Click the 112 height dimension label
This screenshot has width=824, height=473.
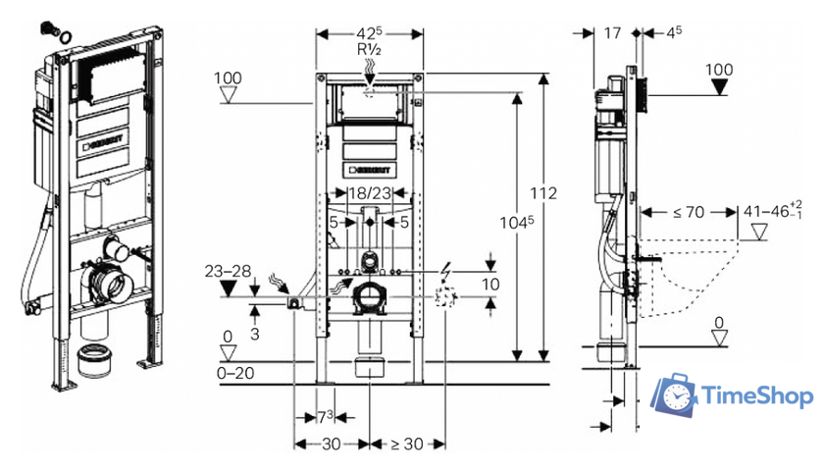(x=542, y=193)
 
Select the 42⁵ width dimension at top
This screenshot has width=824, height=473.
(x=369, y=33)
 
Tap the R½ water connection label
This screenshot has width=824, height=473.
(x=369, y=49)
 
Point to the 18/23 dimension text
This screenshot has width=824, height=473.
(x=370, y=193)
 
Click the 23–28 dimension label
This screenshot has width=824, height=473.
(x=228, y=271)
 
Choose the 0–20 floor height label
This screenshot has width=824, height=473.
(x=235, y=373)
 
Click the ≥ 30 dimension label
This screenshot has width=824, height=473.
(x=407, y=445)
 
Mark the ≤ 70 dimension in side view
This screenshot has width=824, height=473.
(x=689, y=212)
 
